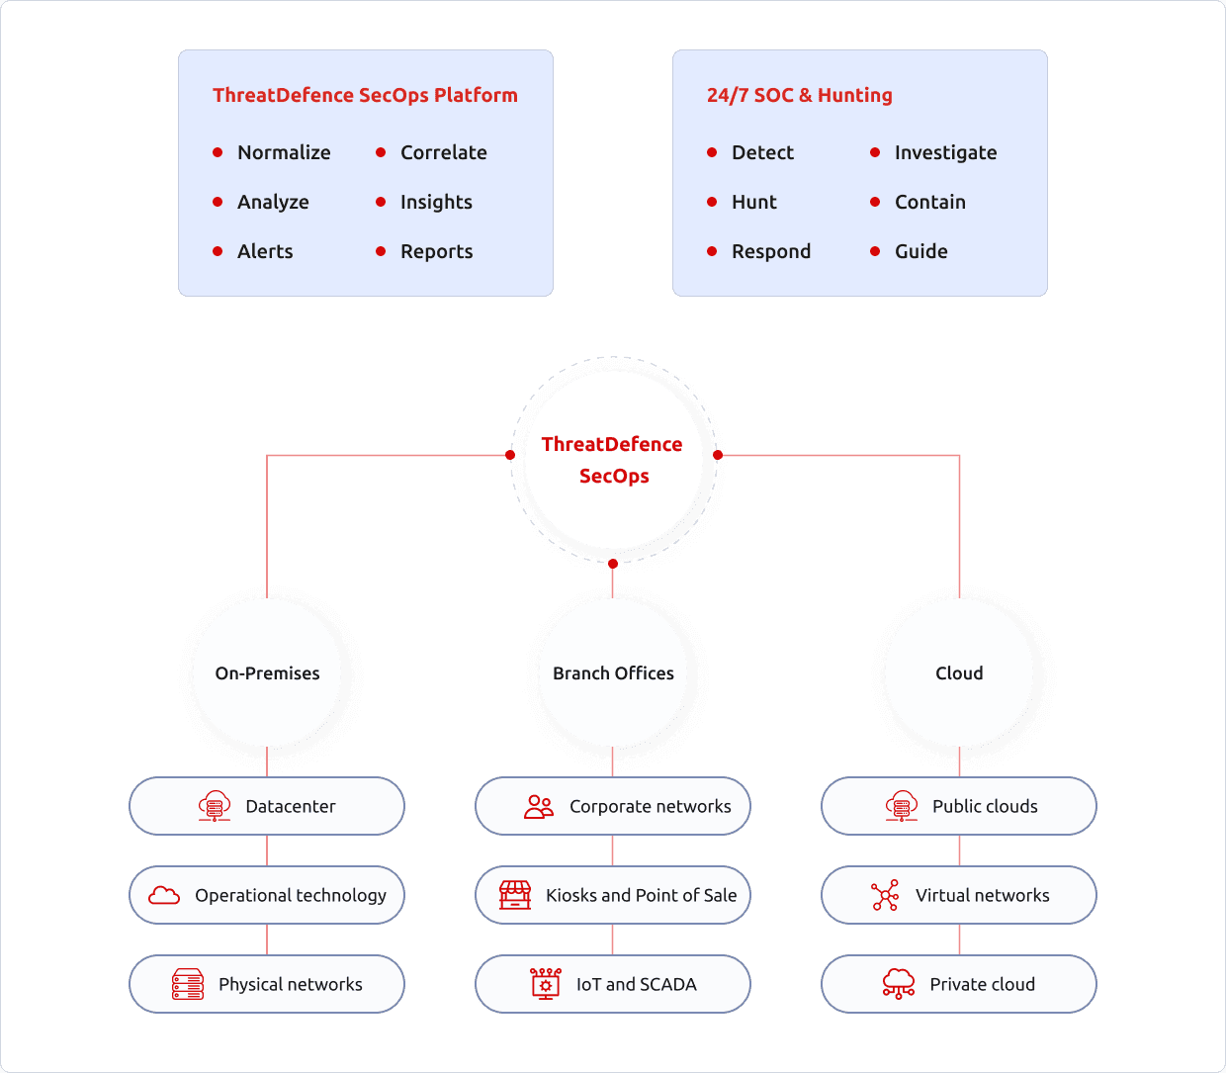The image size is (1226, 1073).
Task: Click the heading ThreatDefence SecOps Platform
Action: click(x=365, y=95)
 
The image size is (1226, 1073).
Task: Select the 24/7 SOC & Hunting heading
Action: click(x=799, y=95)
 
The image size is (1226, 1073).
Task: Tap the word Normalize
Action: click(x=284, y=152)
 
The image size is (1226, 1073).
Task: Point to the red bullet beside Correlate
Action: click(x=381, y=152)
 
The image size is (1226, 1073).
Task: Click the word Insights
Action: click(x=436, y=202)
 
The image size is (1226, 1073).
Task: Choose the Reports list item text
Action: click(x=437, y=252)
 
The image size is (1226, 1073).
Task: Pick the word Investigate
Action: click(x=945, y=153)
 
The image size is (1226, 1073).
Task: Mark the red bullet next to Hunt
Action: click(x=712, y=202)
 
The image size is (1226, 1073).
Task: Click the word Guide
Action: click(x=921, y=251)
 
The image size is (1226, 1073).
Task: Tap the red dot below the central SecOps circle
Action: click(x=612, y=564)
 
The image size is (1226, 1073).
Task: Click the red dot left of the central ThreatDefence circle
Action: click(x=510, y=455)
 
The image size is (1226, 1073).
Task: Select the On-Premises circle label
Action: click(x=267, y=673)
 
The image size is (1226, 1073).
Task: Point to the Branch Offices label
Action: click(x=613, y=673)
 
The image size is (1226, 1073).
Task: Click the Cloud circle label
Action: click(x=959, y=673)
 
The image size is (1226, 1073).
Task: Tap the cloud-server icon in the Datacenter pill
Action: click(x=215, y=806)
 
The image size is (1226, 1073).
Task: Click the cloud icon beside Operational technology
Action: click(x=164, y=895)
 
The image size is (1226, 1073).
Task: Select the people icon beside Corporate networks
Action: click(x=539, y=806)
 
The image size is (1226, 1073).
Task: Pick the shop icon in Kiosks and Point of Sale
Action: click(x=515, y=895)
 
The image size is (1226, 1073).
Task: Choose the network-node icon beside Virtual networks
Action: click(x=885, y=895)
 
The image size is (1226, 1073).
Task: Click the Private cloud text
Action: click(x=983, y=984)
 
